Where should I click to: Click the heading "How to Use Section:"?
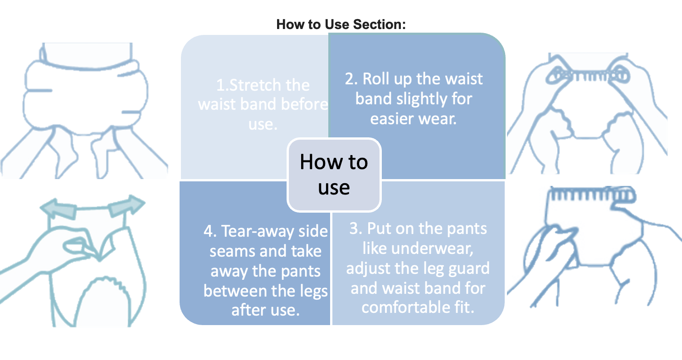click(x=341, y=24)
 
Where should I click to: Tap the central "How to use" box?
click(x=334, y=175)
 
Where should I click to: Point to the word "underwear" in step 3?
click(x=432, y=248)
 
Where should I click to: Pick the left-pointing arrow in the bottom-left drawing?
click(x=58, y=208)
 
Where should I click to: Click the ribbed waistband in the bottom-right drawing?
click(x=592, y=195)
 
